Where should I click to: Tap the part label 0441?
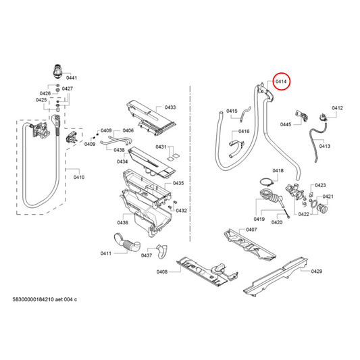pos(72,79)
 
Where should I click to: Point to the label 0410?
pos(78,177)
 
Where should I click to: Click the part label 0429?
pos(317,271)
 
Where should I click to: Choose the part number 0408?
pos(162,272)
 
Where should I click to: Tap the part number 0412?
pos(337,107)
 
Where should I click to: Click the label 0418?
pos(278,171)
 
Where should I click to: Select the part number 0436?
pos(122,223)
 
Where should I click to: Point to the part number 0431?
pos(161,147)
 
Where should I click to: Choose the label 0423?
pos(320,185)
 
